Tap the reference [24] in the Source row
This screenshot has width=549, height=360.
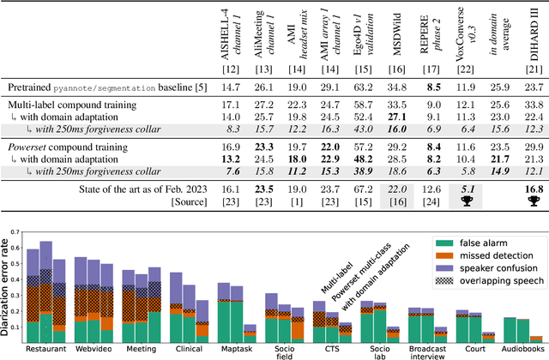click(426, 200)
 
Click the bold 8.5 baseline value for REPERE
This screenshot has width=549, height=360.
click(426, 87)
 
